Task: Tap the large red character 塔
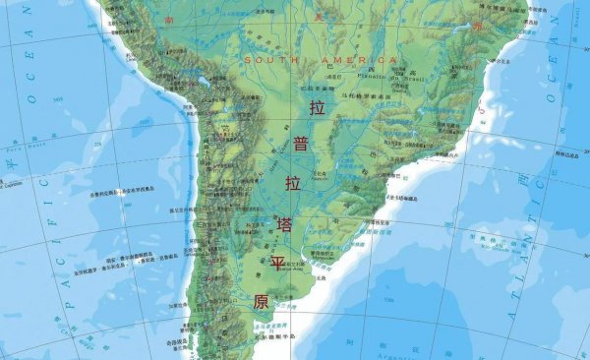point(286,225)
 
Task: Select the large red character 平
point(277,264)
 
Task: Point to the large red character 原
point(261,302)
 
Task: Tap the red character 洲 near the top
point(479,27)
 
